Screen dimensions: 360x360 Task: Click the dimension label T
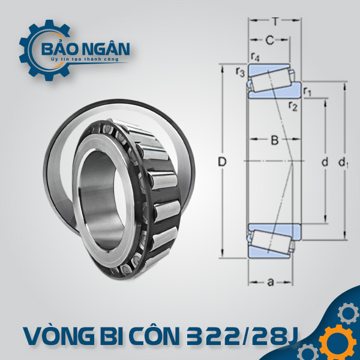[x=275, y=22]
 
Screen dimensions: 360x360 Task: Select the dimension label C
[x=270, y=40]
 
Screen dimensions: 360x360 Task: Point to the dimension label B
[x=275, y=140]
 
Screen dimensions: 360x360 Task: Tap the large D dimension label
[x=222, y=162]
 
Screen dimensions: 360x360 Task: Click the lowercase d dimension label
[x=325, y=162]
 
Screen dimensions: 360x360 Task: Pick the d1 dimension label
[x=343, y=163]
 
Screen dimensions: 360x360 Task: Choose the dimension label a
[x=271, y=282]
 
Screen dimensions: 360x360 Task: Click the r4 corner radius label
[x=255, y=57]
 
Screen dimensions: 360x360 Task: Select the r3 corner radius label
[x=240, y=72]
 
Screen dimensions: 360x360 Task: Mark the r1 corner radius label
[x=307, y=92]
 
